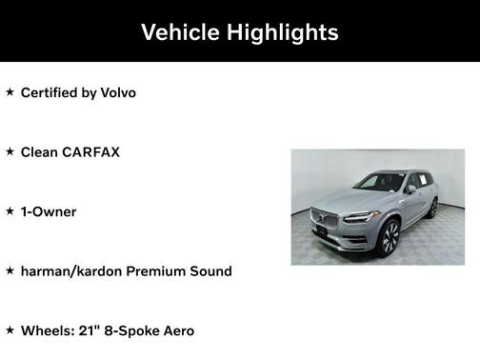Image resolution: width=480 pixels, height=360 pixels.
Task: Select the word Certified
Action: coord(48,92)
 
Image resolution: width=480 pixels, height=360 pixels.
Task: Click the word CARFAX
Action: coord(92,152)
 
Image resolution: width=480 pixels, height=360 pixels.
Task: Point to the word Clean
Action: coord(40,152)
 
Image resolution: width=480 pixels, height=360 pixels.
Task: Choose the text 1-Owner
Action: coord(49,211)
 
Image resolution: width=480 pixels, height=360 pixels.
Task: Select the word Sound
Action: coord(210,271)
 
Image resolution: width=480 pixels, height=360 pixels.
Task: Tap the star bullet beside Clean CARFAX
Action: coord(10,152)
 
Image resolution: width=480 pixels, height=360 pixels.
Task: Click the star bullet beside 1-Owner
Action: coord(10,211)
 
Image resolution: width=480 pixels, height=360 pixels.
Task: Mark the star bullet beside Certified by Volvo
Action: coord(10,92)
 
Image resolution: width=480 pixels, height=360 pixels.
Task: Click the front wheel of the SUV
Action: coord(389,238)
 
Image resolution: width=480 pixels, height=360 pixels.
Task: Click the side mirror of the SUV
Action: coord(410,189)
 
